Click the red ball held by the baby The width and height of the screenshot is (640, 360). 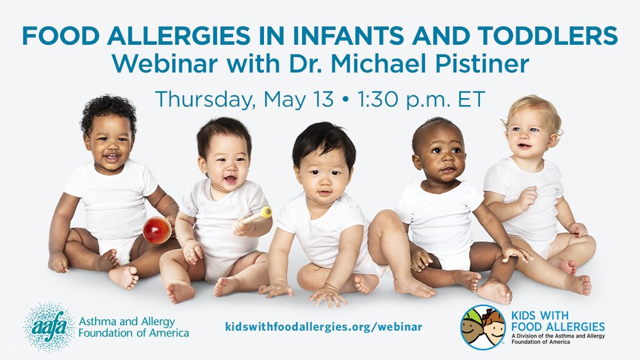tap(156, 230)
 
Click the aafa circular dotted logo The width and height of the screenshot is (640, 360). tap(47, 327)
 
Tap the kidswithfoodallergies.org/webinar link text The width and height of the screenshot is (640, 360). tap(324, 327)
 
